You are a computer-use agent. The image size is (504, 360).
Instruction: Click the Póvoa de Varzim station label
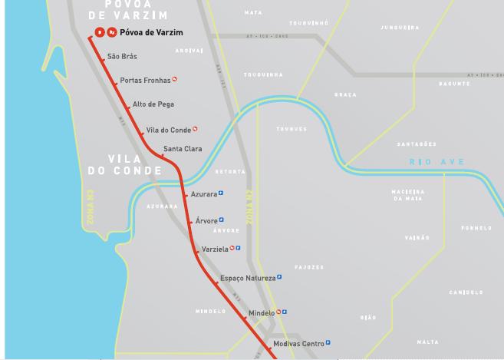151,32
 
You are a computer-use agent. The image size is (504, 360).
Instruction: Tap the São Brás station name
122,56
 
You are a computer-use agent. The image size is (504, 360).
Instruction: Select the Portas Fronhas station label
145,80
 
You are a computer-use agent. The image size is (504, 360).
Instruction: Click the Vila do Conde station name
168,130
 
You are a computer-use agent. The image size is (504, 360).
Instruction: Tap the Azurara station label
203,194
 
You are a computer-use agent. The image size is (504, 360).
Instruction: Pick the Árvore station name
206,221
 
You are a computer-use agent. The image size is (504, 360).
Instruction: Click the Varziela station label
215,249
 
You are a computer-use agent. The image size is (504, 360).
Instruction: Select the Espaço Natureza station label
247,278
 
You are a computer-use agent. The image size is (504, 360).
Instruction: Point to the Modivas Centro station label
298,343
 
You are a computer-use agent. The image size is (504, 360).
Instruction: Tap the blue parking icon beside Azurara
221,193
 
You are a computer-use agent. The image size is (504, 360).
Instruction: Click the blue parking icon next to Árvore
221,220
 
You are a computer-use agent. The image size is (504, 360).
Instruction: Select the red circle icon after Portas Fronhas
175,78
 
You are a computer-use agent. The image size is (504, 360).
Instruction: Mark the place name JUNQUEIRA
399,28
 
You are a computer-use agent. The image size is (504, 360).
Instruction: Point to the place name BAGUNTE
454,83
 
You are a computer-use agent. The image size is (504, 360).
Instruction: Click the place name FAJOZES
308,267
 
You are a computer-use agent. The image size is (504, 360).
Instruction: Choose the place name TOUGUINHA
263,74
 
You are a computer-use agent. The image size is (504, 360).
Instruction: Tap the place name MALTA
428,342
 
